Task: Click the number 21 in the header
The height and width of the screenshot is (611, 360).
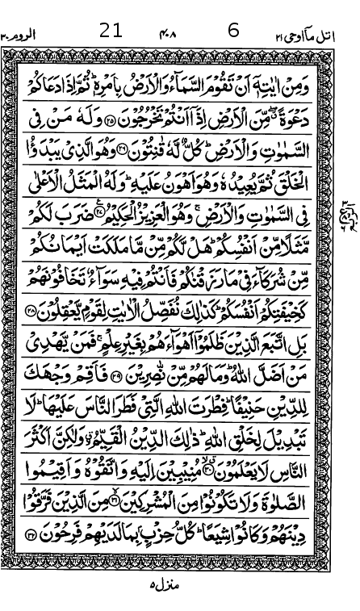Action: (x=111, y=31)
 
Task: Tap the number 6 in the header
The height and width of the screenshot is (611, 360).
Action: (x=234, y=31)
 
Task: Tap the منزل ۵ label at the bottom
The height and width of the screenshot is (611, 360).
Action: (x=166, y=582)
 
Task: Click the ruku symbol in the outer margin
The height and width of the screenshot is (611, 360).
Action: (x=350, y=211)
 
